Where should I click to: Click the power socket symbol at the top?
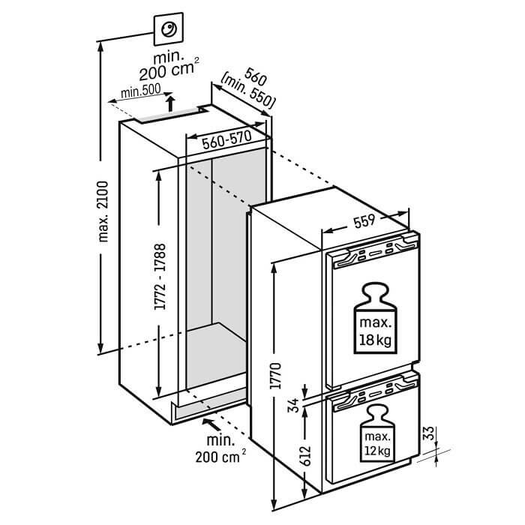[x=169, y=30]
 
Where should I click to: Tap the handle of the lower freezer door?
[x=372, y=396]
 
